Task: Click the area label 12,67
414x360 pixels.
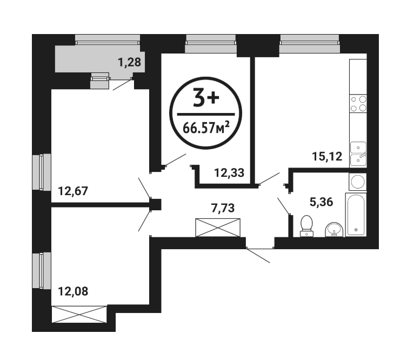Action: (x=73, y=191)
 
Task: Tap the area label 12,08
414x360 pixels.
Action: (x=73, y=291)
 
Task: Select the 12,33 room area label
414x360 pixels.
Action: (x=229, y=173)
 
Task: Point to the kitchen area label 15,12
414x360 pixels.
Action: (x=327, y=157)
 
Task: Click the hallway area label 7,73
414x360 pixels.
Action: (x=223, y=208)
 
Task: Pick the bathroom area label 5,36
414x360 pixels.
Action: (x=322, y=202)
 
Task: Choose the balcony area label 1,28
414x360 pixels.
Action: (x=129, y=62)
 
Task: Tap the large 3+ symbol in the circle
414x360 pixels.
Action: (x=206, y=98)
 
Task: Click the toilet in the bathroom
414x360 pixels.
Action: (x=306, y=226)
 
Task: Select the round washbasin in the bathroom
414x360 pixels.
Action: (x=334, y=230)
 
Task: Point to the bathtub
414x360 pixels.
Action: (x=356, y=215)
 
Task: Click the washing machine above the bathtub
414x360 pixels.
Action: (x=358, y=182)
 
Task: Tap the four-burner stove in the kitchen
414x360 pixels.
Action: (x=358, y=104)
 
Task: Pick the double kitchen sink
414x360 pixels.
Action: (x=358, y=154)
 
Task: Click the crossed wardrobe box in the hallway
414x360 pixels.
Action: (x=218, y=228)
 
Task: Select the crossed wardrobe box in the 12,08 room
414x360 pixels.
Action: (x=79, y=314)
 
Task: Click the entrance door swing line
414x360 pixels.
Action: (x=258, y=256)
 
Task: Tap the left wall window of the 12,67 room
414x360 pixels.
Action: (x=42, y=172)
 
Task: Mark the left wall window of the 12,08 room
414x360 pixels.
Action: (x=42, y=270)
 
